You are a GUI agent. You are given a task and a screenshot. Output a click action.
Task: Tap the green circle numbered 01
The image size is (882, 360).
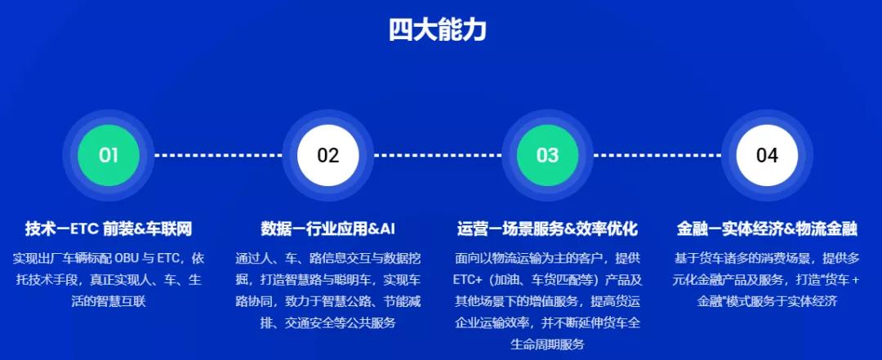[109, 155]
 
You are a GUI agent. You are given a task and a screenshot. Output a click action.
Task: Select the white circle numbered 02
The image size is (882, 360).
[328, 155]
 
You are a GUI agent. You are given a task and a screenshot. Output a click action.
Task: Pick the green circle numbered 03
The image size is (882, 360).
[547, 155]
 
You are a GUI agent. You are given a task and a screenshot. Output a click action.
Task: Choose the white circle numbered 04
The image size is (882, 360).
[767, 155]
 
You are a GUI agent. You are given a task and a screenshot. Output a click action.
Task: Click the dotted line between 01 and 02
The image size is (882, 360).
[218, 155]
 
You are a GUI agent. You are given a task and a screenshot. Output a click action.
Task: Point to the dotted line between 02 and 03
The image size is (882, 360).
[438, 155]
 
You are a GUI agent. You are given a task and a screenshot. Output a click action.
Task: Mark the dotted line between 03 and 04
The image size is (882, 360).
[657, 155]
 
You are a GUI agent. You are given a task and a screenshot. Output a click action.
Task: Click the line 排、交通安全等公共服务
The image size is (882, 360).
[327, 322]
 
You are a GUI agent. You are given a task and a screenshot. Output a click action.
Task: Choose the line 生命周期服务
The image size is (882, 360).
[547, 344]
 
